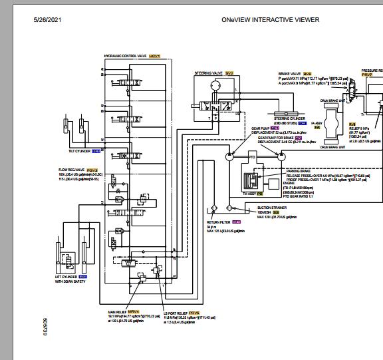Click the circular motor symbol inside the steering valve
[215, 86]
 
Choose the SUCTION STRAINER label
[272, 208]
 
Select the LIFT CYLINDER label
[66, 276]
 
